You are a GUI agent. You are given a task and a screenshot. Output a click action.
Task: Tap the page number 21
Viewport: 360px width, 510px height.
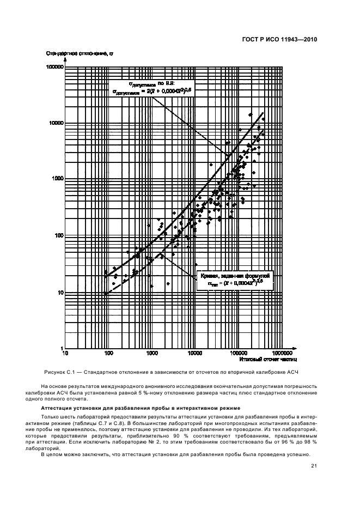tap(314, 466)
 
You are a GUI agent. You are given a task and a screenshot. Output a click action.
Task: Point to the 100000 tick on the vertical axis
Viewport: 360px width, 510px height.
tap(55, 66)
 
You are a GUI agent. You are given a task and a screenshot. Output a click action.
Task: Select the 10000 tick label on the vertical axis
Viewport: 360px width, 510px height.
tap(57, 123)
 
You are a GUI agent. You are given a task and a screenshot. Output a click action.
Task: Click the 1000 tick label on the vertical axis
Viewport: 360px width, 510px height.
tap(58, 179)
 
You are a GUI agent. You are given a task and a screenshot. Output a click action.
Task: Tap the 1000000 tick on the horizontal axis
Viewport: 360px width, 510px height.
tap(282, 354)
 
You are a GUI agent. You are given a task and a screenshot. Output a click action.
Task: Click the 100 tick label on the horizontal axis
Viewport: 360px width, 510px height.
tap(108, 354)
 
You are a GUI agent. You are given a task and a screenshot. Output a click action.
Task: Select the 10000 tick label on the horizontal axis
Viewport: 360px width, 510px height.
tap(195, 354)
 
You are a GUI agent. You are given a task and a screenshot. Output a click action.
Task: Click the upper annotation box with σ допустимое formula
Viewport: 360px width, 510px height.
tap(155, 88)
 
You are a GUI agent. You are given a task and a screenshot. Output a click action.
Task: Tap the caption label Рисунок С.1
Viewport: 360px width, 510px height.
tap(59, 372)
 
